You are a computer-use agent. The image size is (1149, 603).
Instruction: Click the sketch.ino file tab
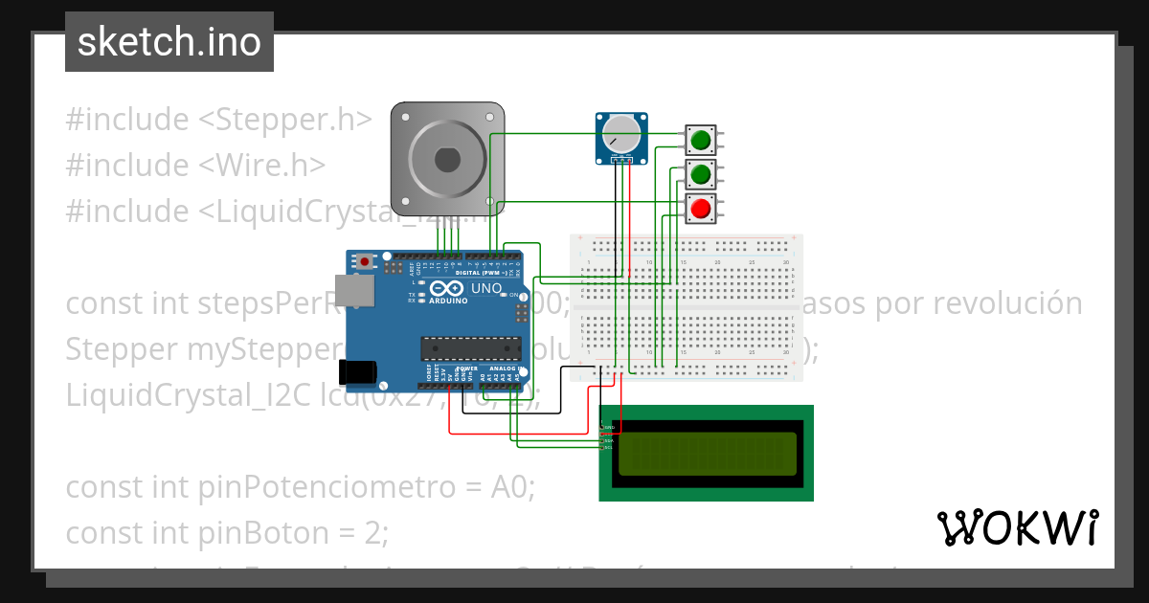pos(169,42)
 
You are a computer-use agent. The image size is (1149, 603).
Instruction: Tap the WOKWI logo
pos(1017,527)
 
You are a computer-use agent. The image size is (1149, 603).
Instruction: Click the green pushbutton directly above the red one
pos(701,174)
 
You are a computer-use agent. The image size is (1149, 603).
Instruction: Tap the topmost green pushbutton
pos(701,141)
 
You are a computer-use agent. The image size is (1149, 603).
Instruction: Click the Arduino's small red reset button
pos(365,260)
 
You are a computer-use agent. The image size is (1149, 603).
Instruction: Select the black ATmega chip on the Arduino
pos(471,350)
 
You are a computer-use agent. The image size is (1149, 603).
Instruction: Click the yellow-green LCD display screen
pos(707,454)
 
